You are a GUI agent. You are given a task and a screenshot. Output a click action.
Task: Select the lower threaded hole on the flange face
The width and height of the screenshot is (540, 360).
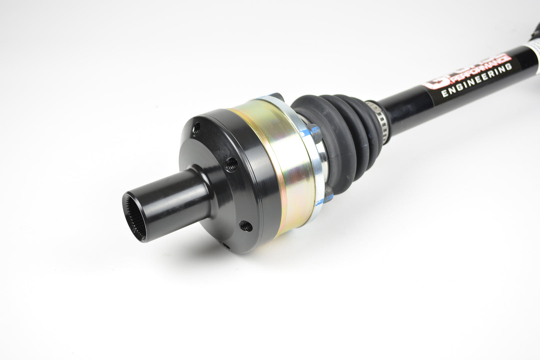click(x=246, y=226)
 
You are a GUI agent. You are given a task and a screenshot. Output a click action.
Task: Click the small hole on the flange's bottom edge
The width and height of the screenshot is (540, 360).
click(x=226, y=246)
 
